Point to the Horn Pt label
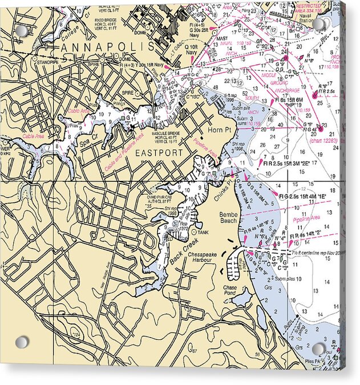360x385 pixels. coord(218,131)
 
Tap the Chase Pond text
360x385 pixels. coord(229,291)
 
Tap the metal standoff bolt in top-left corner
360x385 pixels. coord(22,30)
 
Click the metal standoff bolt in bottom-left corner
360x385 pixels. coord(22,342)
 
